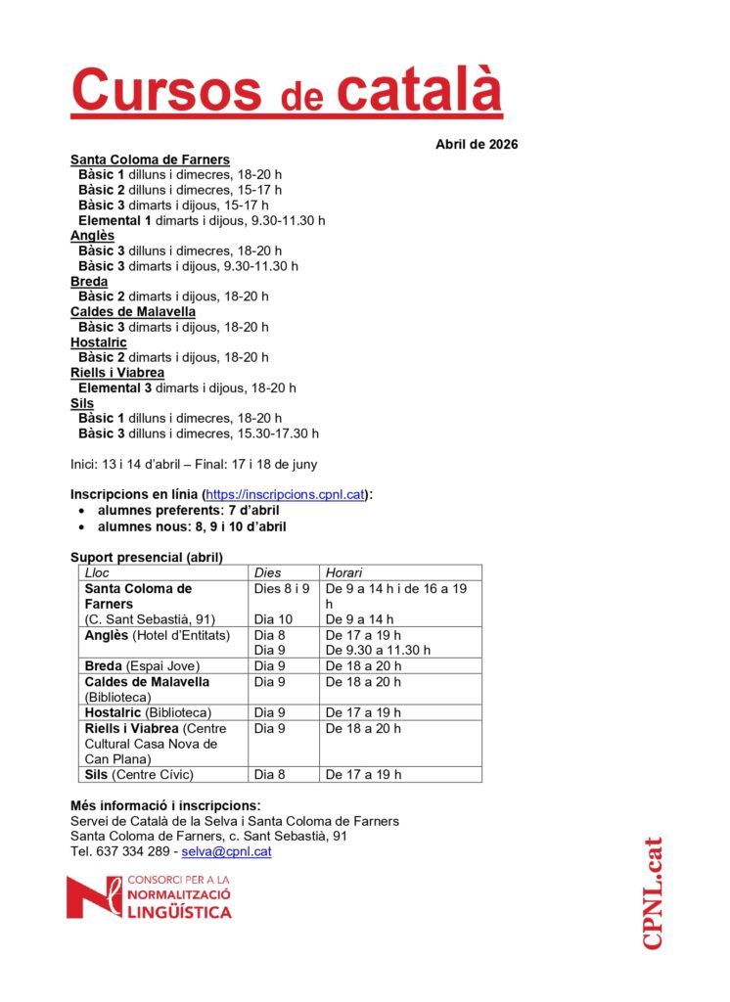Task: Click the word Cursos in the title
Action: click(166, 91)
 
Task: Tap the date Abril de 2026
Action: click(477, 145)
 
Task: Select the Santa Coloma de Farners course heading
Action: click(150, 159)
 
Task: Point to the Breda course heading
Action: click(89, 282)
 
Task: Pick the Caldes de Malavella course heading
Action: click(132, 312)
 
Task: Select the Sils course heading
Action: click(82, 403)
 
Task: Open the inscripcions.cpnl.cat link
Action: click(286, 495)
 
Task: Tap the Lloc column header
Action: click(98, 572)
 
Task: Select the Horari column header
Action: click(343, 572)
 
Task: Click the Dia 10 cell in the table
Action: click(273, 619)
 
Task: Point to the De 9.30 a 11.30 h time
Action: click(378, 650)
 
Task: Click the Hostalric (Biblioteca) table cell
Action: click(148, 712)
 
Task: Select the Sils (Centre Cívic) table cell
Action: click(139, 774)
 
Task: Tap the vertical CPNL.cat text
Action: click(653, 892)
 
